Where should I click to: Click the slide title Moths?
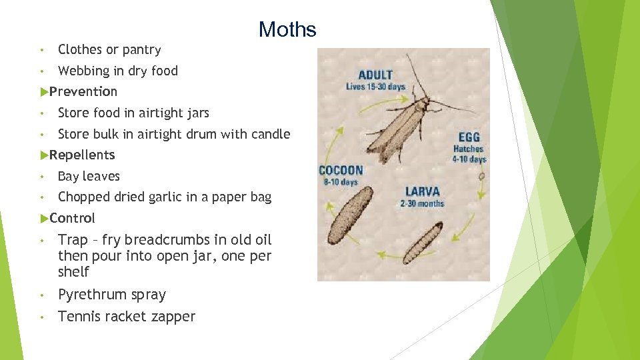pos(287,29)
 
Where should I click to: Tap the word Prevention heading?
pos(83,91)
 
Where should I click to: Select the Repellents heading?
pos(81,155)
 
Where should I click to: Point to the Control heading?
pos(72,218)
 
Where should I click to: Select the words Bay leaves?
pos(89,176)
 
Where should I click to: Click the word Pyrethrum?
pos(92,295)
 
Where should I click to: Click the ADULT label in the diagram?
pos(375,75)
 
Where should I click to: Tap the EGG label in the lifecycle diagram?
pos(469,137)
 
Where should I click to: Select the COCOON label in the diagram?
pos(341,170)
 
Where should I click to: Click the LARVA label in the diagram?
pos(422,191)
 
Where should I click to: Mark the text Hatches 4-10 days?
pos(469,154)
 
